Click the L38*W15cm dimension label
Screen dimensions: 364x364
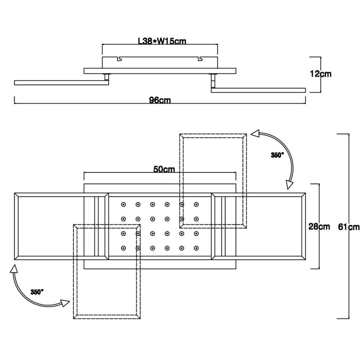tap(162, 41)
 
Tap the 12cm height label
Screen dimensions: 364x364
tap(321, 74)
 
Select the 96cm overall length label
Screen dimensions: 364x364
tap(160, 100)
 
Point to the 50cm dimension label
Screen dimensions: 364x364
tap(164, 169)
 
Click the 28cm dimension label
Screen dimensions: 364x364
tap(319, 226)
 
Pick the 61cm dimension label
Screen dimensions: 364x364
tap(349, 227)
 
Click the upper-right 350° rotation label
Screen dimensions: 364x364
tap(277, 155)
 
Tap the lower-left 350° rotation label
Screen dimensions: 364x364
tap(37, 292)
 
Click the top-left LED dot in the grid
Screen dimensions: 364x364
tap(123, 204)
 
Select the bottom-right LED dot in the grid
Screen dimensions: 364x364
tap(196, 248)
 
